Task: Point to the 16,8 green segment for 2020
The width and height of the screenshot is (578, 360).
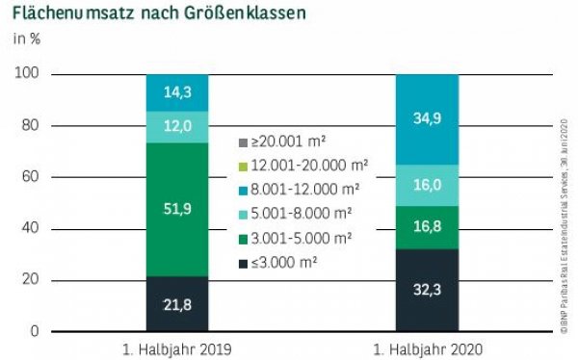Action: pos(427,227)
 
